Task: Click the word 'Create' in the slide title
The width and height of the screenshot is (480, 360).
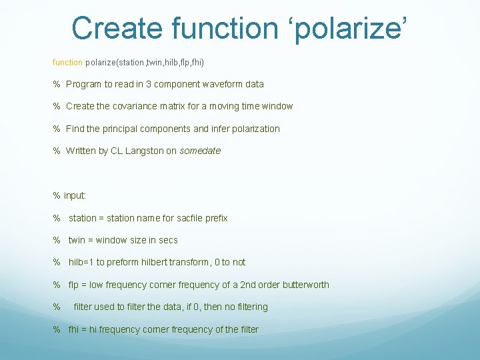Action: point(117,28)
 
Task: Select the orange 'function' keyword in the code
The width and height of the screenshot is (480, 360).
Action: point(67,62)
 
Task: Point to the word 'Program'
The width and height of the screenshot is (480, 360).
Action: point(84,84)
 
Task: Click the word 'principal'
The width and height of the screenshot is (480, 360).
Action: point(127,129)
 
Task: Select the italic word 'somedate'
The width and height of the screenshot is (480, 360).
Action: point(200,151)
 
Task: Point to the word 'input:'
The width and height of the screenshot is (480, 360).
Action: point(75,195)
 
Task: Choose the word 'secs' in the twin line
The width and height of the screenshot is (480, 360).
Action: point(168,240)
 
